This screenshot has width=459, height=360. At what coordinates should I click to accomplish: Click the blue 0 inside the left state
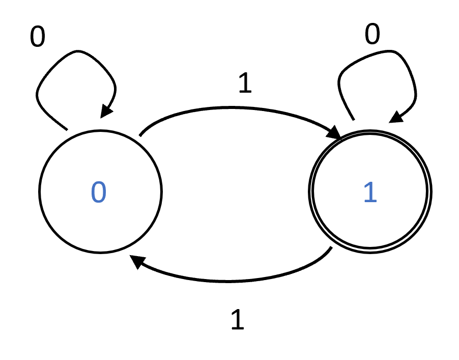click(x=99, y=192)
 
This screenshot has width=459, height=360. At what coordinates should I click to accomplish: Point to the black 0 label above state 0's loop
click(x=37, y=37)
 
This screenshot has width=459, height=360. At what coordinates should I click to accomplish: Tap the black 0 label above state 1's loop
click(x=372, y=35)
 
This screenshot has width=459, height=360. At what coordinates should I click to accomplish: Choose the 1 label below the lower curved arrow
click(x=238, y=320)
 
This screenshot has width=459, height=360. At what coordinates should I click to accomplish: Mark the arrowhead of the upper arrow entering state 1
click(x=335, y=134)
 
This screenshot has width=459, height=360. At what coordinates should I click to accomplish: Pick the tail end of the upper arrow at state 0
click(x=140, y=135)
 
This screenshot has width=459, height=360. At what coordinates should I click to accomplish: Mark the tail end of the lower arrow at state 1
click(x=331, y=249)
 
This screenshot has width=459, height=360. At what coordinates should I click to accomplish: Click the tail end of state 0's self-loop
click(x=66, y=128)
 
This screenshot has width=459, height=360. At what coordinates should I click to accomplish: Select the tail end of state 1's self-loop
click(x=353, y=120)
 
